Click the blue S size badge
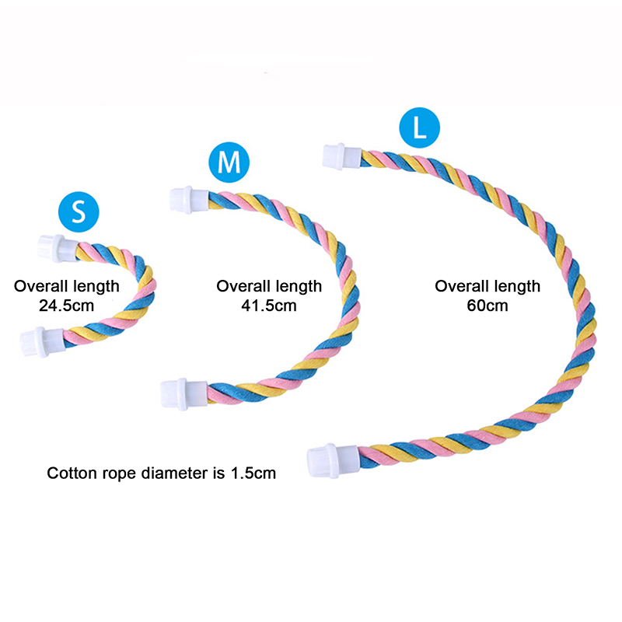(x=79, y=211)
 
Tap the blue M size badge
(x=229, y=162)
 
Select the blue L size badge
(x=419, y=128)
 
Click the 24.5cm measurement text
(x=66, y=306)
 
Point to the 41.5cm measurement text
(x=269, y=306)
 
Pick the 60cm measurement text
(x=487, y=306)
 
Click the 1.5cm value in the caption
(x=253, y=473)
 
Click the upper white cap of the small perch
(x=58, y=248)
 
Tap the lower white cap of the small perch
(x=43, y=342)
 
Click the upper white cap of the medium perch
(x=189, y=200)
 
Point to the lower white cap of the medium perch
(x=184, y=393)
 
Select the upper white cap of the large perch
(x=342, y=157)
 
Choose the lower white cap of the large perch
(x=334, y=460)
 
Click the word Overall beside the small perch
(x=41, y=286)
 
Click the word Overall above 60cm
(x=462, y=286)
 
